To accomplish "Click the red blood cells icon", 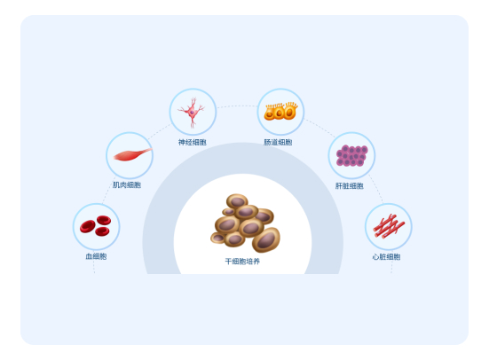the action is [96, 225].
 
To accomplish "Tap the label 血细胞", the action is [96, 256].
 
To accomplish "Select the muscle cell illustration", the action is [132, 154].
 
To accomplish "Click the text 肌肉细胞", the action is [127, 185].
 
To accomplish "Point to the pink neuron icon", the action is [192, 113].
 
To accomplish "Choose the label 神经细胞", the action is [192, 143].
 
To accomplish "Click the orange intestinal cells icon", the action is [280, 111].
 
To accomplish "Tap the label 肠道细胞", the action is [278, 143].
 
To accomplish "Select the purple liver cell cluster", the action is [351, 155].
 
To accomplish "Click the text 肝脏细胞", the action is [350, 186].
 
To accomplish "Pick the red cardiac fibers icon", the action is [389, 226].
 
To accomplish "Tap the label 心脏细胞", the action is [386, 257].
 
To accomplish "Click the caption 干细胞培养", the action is [242, 262].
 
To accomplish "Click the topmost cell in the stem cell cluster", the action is [237, 201].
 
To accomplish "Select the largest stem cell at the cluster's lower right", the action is [266, 239].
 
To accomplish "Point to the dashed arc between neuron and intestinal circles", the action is [237, 106].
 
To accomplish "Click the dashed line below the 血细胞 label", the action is [94, 267].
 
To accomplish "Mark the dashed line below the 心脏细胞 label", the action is [391, 267].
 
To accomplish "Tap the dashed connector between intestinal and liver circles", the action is [319, 128].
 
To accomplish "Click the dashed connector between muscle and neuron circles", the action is [160, 131].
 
